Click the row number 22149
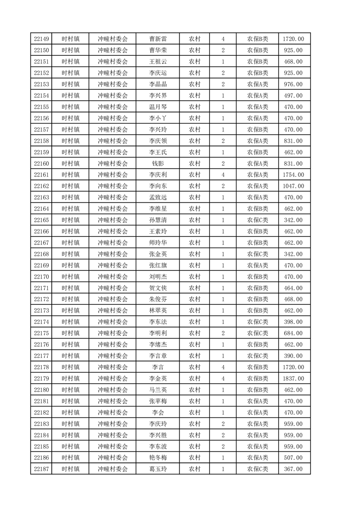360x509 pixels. point(41,39)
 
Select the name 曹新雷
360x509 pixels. point(158,39)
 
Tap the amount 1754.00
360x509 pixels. point(293,175)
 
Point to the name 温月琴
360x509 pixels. point(158,107)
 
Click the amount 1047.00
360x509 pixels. point(293,186)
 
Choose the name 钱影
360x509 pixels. point(158,163)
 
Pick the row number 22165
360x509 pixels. point(41,220)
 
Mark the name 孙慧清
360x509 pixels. point(158,220)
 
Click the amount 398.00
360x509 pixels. point(293,322)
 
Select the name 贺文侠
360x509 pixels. point(158,288)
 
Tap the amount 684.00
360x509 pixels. point(293,333)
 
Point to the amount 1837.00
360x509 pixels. point(293,379)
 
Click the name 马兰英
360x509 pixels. point(158,390)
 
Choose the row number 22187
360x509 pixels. point(41,469)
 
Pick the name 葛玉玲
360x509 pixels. point(158,469)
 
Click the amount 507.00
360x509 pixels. point(293,458)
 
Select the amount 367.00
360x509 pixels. point(293,469)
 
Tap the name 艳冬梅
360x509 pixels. point(158,458)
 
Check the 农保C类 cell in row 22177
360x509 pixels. point(257,356)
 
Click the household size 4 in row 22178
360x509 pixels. point(223,367)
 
